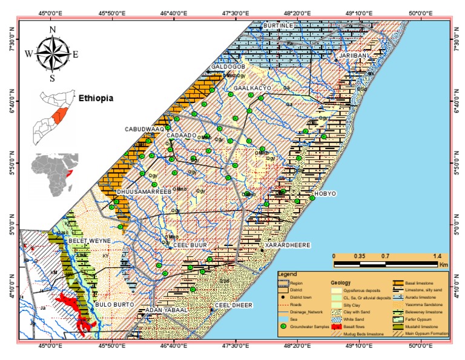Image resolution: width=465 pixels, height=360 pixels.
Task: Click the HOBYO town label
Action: coord(325,193)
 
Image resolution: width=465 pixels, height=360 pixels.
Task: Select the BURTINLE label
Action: coord(277,25)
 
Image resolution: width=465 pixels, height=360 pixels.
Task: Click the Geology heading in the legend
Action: coord(341,283)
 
